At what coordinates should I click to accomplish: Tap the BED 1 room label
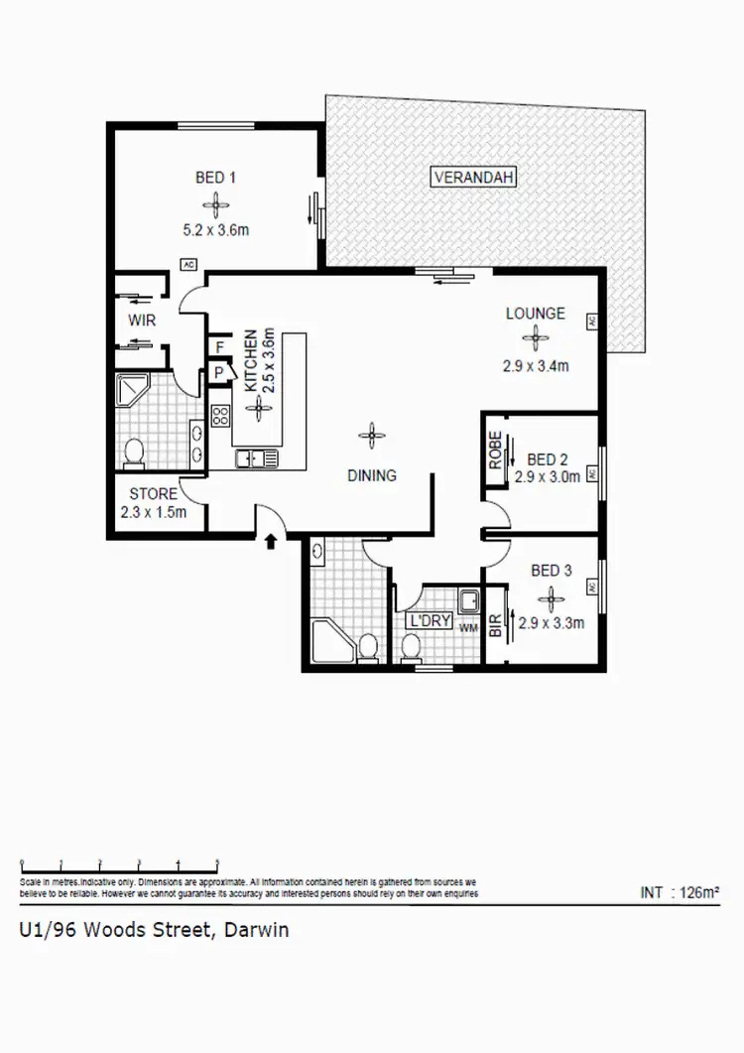pyautogui.click(x=214, y=179)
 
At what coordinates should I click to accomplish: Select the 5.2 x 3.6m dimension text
pyautogui.click(x=214, y=230)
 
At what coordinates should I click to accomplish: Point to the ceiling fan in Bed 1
pyautogui.click(x=214, y=205)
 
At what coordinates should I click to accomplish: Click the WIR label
pyautogui.click(x=142, y=321)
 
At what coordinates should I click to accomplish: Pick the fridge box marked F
pyautogui.click(x=217, y=347)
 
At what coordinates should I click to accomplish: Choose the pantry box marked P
pyautogui.click(x=217, y=372)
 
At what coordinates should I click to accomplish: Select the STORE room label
pyautogui.click(x=154, y=493)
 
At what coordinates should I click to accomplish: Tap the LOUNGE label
pyautogui.click(x=535, y=314)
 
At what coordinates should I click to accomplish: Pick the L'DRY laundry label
pyautogui.click(x=431, y=622)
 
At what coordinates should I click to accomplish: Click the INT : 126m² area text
pyautogui.click(x=680, y=892)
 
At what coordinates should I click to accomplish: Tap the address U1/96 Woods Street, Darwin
pyautogui.click(x=154, y=931)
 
